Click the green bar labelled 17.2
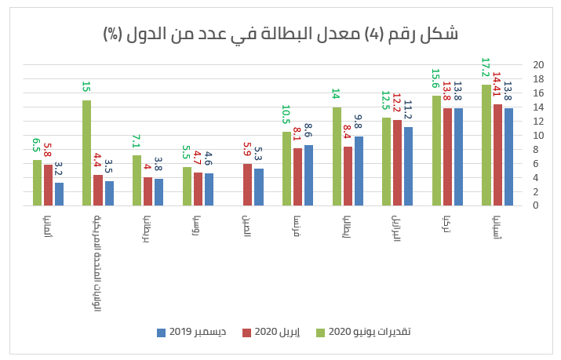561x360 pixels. click(x=486, y=145)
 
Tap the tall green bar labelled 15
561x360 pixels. click(x=87, y=153)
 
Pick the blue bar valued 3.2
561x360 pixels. click(x=59, y=194)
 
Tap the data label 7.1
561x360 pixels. click(x=137, y=141)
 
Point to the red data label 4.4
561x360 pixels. click(x=98, y=161)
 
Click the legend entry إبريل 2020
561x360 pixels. click(x=277, y=332)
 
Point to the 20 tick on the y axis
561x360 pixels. click(x=536, y=64)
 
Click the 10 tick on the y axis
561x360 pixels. click(x=536, y=135)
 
